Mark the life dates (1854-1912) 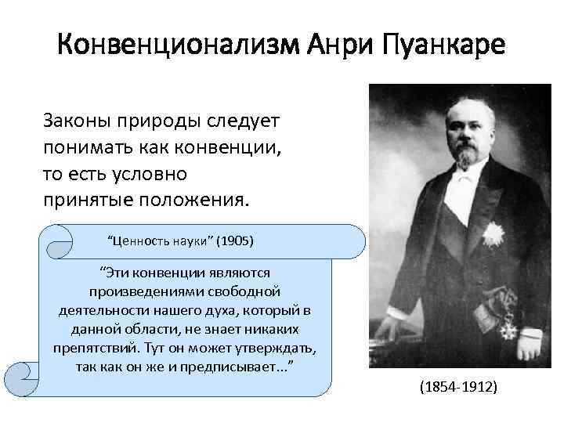[x=457, y=388]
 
